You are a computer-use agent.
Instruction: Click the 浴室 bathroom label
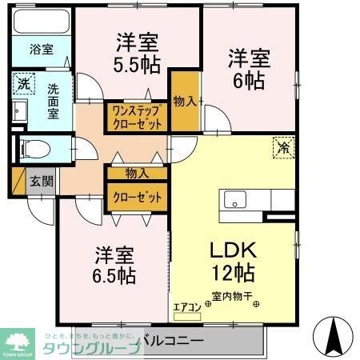42,50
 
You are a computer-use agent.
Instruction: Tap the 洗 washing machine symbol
24,82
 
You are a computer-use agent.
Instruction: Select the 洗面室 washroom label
53,101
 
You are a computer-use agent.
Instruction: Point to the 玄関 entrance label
42,182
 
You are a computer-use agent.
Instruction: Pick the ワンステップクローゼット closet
137,118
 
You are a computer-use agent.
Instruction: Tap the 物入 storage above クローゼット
137,173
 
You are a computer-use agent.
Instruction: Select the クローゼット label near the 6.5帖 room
137,197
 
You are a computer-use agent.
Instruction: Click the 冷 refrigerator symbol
284,146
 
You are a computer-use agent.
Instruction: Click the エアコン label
183,306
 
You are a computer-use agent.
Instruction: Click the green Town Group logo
18,341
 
